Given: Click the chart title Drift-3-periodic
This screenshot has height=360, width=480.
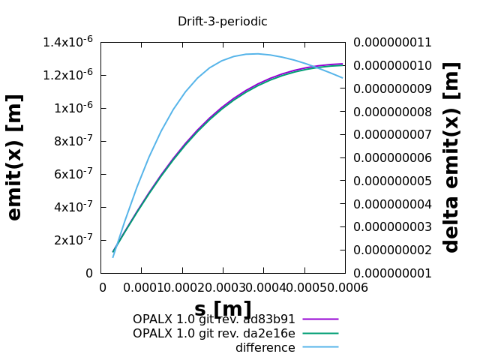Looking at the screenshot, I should tap(222, 22).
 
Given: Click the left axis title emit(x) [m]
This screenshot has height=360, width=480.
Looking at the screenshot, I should tap(14, 157).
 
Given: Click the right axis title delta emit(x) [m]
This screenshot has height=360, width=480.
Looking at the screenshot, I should tap(451, 157).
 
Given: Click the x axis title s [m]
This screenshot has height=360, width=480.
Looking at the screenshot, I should tap(223, 309).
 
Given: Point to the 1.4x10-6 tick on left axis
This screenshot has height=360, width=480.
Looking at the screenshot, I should tap(68, 42).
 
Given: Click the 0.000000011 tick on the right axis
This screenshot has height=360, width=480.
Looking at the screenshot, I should tap(393, 42).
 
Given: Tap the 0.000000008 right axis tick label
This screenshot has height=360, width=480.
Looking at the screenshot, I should tap(393, 112).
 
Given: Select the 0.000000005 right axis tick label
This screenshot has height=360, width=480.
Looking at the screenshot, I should tap(393, 181).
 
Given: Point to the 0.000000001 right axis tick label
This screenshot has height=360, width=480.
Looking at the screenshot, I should tap(393, 273).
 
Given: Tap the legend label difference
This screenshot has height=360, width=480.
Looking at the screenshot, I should tap(265, 348).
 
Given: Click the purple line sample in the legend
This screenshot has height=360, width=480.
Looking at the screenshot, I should tap(321, 319).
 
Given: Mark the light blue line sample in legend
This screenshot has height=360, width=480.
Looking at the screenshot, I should tap(321, 348).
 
